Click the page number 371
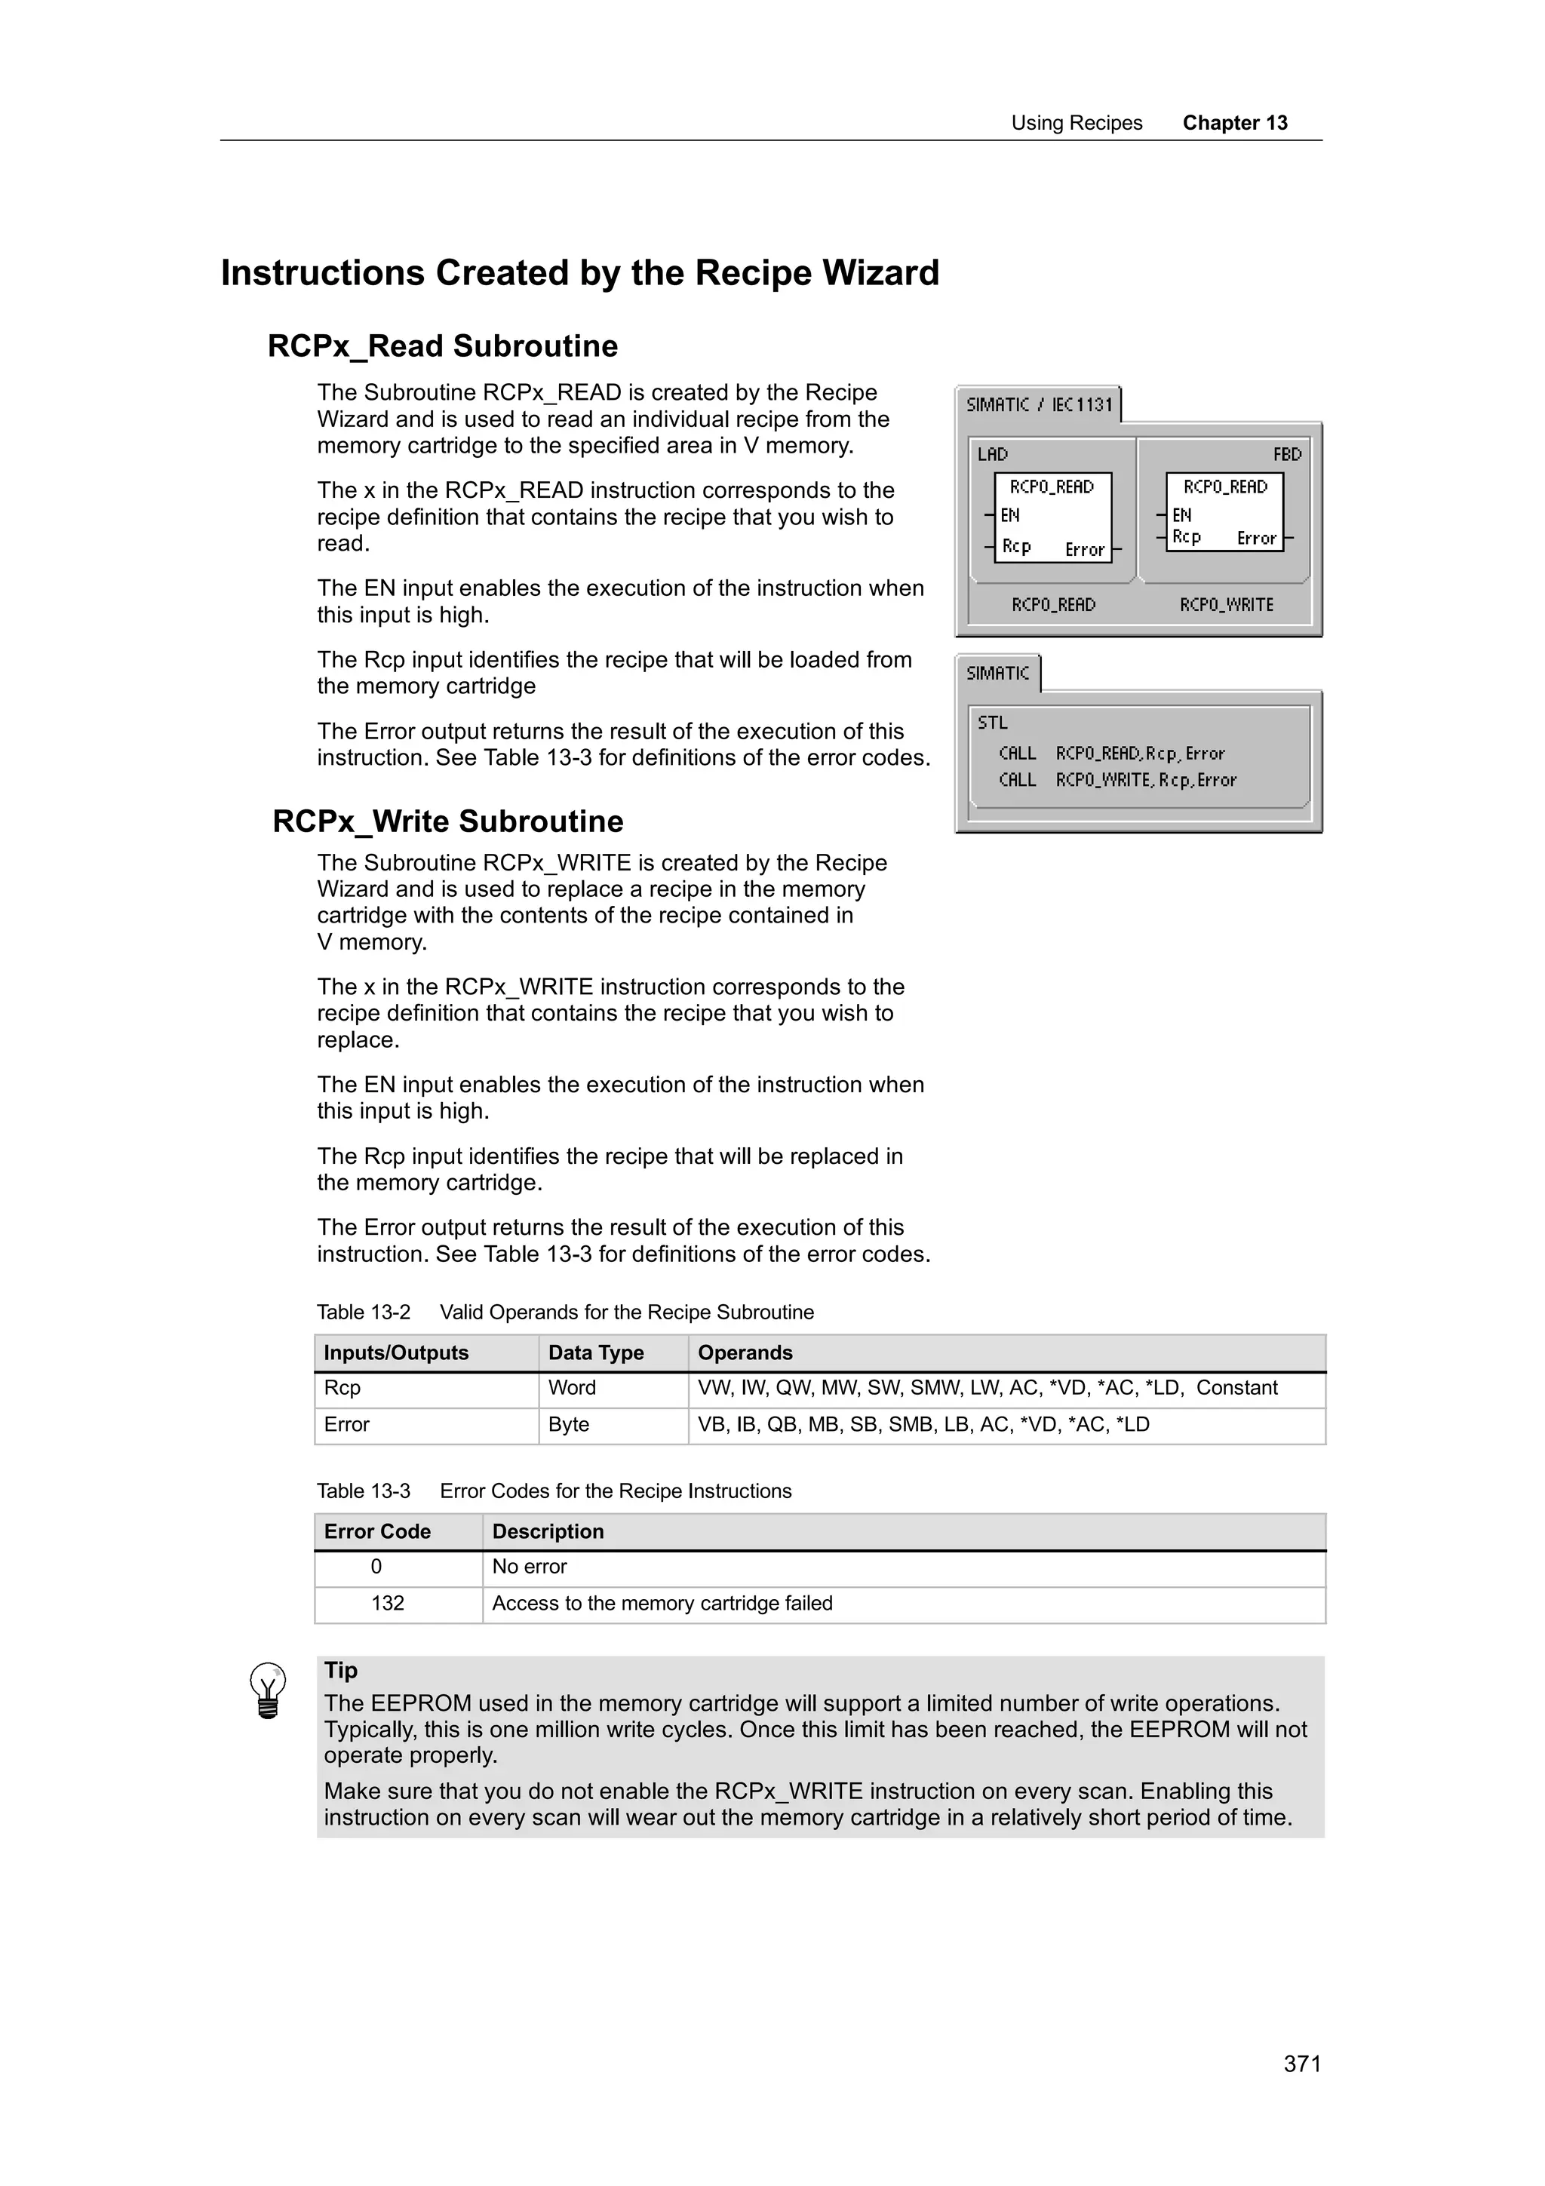[1301, 2063]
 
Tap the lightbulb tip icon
[268, 1690]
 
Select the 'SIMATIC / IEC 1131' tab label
[1039, 404]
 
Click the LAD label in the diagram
[992, 454]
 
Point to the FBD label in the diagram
[1286, 454]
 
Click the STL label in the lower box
[992, 723]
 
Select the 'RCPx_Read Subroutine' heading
[443, 345]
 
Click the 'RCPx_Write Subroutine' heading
[447, 821]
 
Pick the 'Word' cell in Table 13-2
[572, 1387]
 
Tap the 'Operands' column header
[745, 1353]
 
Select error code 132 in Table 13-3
[388, 1604]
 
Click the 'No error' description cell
[530, 1566]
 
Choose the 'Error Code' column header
[377, 1532]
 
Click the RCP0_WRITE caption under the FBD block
[1225, 604]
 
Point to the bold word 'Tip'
[341, 1670]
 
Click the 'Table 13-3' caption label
[364, 1491]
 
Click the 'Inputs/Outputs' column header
[396, 1353]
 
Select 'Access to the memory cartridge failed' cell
[662, 1604]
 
